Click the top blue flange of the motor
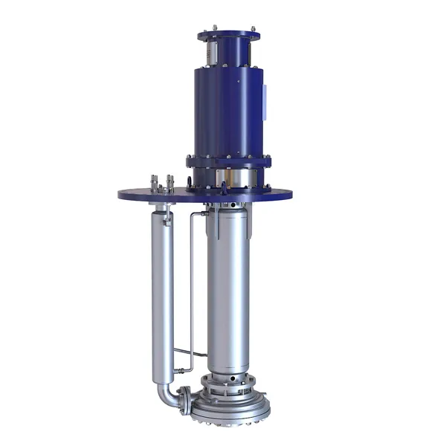(229, 34)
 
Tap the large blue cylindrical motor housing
(227, 111)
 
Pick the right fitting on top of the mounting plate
(170, 181)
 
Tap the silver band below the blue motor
(230, 178)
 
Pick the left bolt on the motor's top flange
(202, 30)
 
